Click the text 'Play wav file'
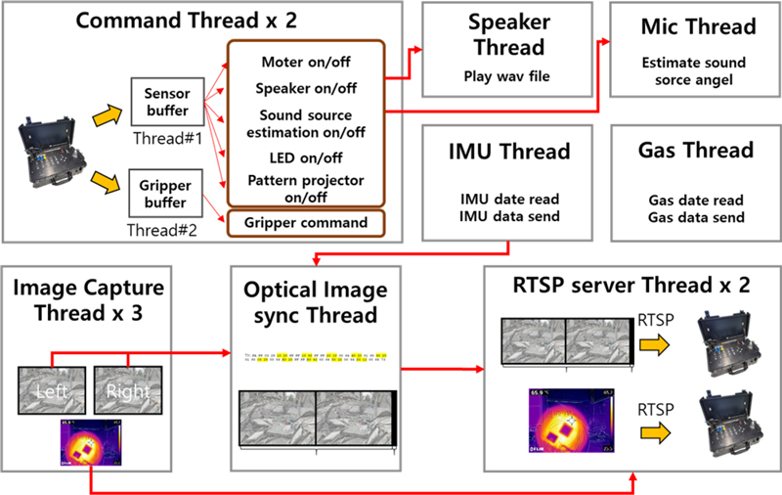[507, 73]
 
